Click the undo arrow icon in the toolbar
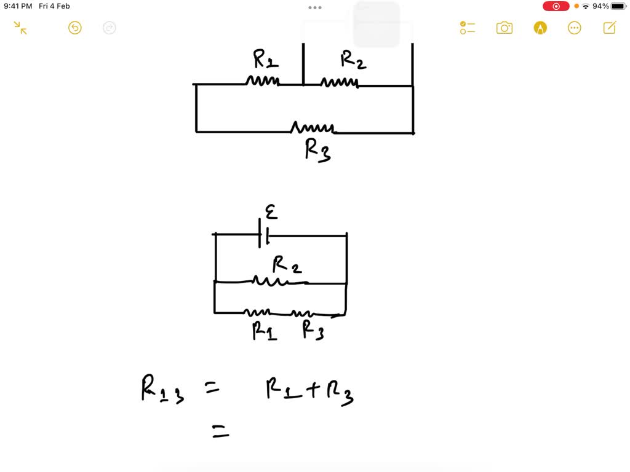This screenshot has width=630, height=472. (75, 28)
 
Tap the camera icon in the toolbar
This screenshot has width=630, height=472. (504, 28)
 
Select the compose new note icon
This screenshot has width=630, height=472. (610, 28)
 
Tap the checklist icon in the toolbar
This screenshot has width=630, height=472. (468, 28)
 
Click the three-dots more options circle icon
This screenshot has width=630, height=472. (575, 28)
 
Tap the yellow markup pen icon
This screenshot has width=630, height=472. (540, 28)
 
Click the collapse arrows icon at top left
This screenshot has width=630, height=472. (20, 28)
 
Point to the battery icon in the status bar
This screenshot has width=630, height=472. (618, 6)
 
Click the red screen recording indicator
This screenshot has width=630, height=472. (556, 6)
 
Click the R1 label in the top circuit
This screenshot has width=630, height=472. (266, 60)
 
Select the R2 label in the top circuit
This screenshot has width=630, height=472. (354, 60)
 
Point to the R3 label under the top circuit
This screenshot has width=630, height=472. (317, 150)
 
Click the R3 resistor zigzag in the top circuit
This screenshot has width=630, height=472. (313, 128)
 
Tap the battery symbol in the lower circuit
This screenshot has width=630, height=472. (264, 235)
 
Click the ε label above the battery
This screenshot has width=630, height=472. (271, 212)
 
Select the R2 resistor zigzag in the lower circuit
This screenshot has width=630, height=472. (269, 281)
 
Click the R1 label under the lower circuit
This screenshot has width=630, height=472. (265, 331)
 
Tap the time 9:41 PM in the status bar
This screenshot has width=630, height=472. (18, 6)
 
